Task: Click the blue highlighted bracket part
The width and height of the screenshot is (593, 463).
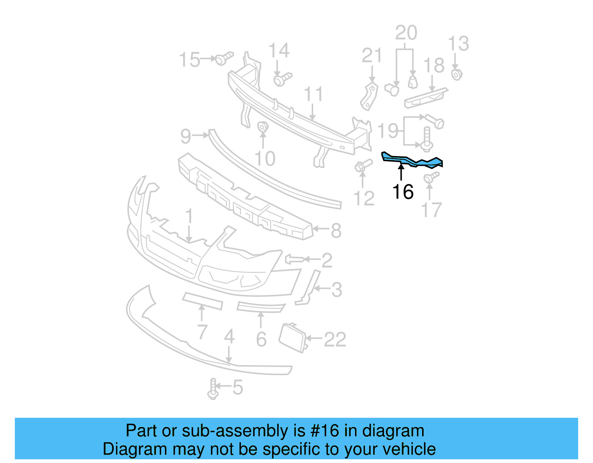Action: [x=411, y=161]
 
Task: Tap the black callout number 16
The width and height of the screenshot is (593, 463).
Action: [x=402, y=192]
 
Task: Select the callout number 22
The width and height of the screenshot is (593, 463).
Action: [x=335, y=339]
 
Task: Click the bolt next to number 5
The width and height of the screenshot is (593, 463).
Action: [x=213, y=389]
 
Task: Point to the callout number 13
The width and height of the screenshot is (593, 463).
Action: [x=458, y=44]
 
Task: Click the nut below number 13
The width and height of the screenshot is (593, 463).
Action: [x=457, y=74]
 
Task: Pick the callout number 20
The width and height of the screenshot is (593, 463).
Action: [x=406, y=33]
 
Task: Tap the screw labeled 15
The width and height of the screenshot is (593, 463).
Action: [x=223, y=58]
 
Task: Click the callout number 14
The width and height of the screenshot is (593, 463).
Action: [x=279, y=50]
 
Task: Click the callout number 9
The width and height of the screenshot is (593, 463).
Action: [x=186, y=136]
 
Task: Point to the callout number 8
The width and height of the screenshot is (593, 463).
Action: [x=336, y=231]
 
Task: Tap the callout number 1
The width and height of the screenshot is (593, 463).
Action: [x=189, y=216]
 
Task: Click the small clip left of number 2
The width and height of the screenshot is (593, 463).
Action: [x=295, y=259]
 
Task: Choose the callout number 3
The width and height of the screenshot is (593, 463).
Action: [x=337, y=290]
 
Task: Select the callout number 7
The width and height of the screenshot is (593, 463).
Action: [x=202, y=332]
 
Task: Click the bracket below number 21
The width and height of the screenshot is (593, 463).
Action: [x=369, y=96]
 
